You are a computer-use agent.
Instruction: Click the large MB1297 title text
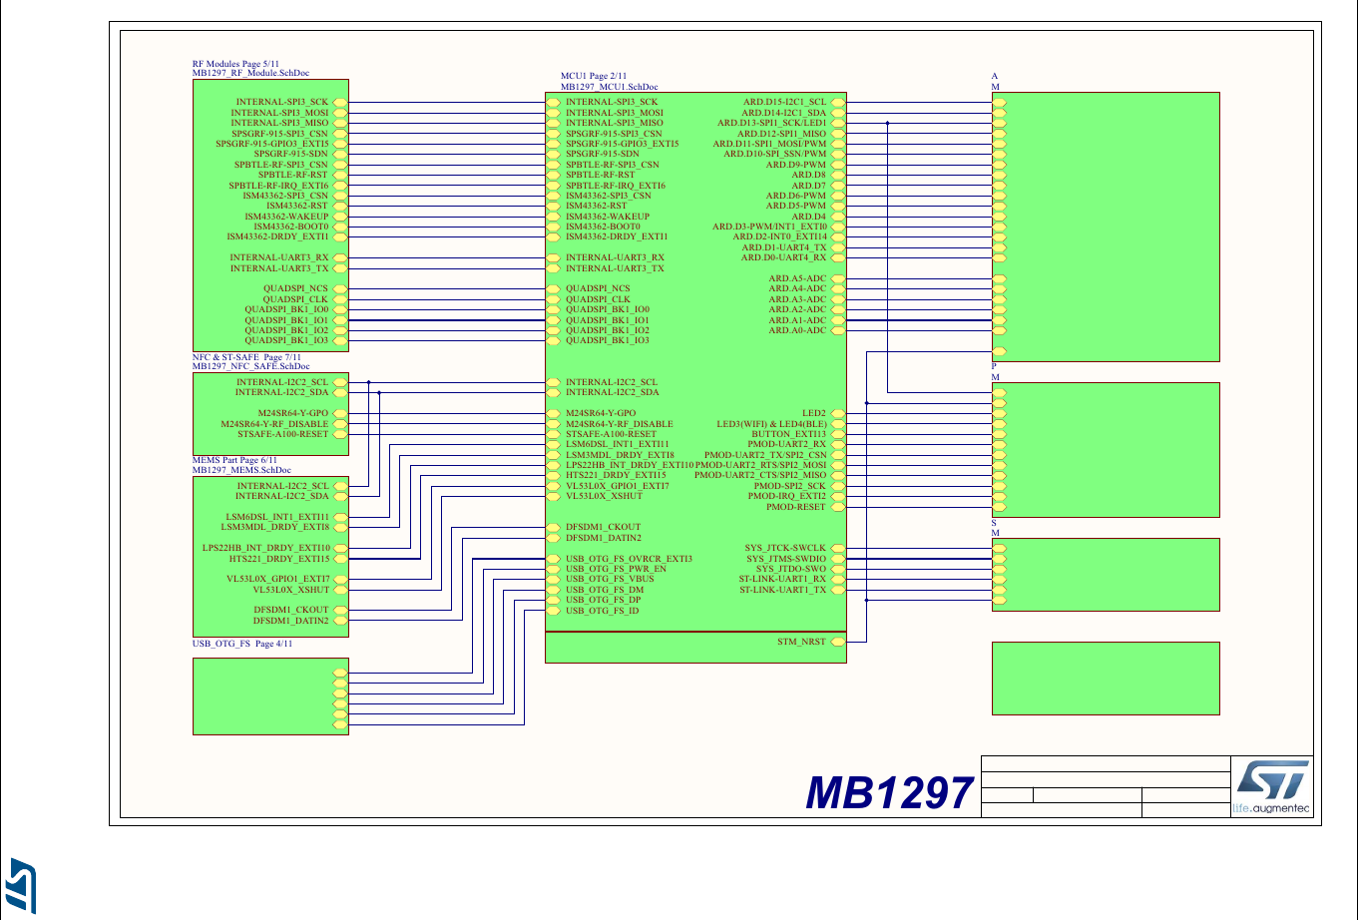(x=888, y=794)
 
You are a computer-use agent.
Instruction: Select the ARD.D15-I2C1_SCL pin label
(x=784, y=102)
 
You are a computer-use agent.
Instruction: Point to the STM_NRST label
(x=801, y=642)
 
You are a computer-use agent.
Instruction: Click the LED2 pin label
(x=814, y=413)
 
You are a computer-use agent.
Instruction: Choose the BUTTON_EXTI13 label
(x=788, y=434)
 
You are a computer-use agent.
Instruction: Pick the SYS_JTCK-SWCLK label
(x=785, y=548)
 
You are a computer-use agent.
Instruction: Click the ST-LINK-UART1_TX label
(x=782, y=590)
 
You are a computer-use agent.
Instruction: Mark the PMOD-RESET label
(x=796, y=507)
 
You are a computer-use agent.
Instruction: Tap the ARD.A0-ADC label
(x=797, y=330)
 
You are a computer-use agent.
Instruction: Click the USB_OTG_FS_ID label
(x=602, y=611)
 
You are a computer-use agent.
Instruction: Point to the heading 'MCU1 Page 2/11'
(x=594, y=77)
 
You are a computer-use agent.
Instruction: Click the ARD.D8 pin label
(x=808, y=175)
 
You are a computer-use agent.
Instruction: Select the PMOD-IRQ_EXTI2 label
(x=787, y=496)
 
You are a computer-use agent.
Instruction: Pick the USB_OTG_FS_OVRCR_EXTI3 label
(x=629, y=559)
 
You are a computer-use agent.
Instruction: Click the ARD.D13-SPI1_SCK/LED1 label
(x=771, y=123)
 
